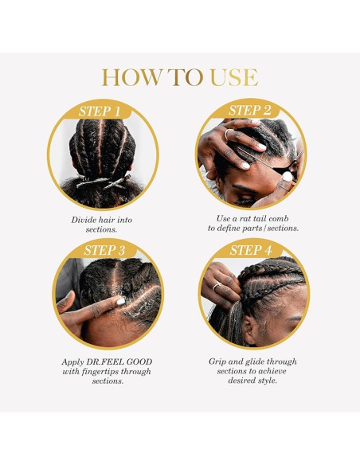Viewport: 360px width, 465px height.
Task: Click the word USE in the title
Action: (x=233, y=77)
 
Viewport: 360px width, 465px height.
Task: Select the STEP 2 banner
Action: (x=250, y=110)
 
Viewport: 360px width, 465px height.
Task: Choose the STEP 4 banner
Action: (x=250, y=251)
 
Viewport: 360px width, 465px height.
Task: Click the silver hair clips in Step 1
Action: (x=103, y=182)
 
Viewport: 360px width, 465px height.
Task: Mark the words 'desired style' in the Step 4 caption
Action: (x=249, y=381)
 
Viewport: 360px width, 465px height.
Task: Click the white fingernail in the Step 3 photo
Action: (x=121, y=301)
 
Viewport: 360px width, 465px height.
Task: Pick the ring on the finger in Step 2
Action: (x=228, y=135)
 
